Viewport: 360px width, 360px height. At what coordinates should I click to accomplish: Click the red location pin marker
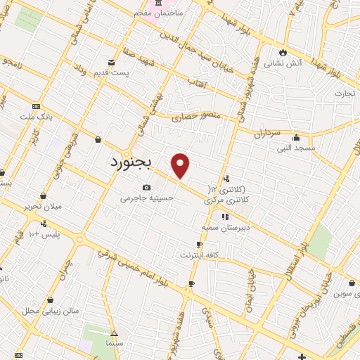(x=181, y=166)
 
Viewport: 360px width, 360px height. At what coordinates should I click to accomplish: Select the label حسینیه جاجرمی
(x=146, y=198)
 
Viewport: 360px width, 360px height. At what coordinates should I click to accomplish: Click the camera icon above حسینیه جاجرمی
(x=146, y=187)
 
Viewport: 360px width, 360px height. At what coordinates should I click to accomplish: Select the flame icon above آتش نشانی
(x=283, y=51)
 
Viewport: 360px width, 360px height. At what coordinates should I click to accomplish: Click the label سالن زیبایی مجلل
(x=51, y=310)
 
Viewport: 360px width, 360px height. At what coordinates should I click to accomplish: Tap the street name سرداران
(x=267, y=132)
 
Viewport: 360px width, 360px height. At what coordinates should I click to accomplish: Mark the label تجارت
(x=344, y=93)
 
